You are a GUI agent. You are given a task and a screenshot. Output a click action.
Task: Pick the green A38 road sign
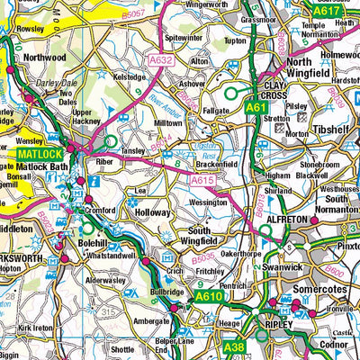coord(234,347)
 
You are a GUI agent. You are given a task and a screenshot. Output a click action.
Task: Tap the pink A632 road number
coord(160,59)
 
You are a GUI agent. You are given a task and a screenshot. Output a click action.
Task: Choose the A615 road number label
coord(201,180)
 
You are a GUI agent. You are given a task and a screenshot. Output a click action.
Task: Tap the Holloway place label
coord(152,212)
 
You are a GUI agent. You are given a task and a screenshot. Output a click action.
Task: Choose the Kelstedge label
coord(129,77)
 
